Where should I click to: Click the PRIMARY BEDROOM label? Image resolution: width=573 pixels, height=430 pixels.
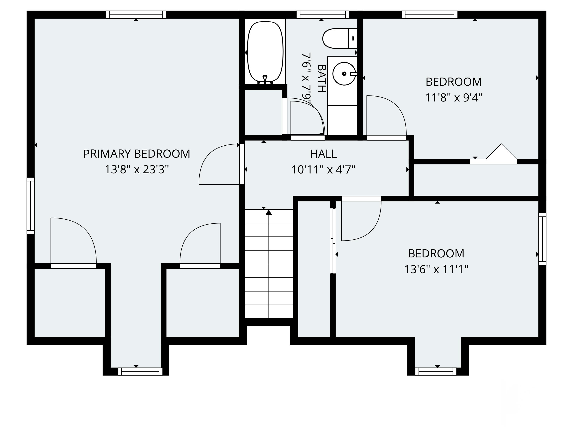point(137,154)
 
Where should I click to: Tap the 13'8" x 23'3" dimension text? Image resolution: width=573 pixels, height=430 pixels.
point(137,170)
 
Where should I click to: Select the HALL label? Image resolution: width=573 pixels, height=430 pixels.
point(323,154)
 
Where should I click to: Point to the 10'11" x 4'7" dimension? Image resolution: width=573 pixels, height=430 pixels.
point(323,170)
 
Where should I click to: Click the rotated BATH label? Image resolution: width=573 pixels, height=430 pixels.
point(321,78)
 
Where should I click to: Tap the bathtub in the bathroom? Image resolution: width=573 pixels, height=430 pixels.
point(265,52)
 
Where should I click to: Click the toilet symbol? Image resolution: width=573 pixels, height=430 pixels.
point(339,39)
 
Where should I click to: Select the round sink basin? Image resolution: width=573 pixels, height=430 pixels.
point(344,74)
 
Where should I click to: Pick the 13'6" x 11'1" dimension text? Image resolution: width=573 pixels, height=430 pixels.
point(436,269)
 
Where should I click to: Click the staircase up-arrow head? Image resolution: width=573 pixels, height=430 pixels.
point(269,213)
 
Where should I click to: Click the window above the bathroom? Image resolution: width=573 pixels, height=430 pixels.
point(323,15)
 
